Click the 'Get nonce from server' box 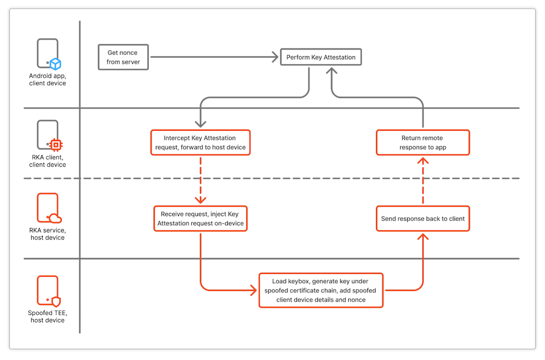[123, 57]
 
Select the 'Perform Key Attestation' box [320, 57]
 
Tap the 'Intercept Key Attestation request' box [200, 143]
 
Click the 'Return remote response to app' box [422, 143]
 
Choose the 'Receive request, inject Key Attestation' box [201, 218]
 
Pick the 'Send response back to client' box [422, 218]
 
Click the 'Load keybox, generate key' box [320, 290]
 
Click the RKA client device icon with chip [49, 136]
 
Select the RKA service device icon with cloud [49, 209]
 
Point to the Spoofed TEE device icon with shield [49, 291]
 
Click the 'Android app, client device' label [47, 80]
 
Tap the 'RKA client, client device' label [47, 161]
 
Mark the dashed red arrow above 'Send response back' [422, 180]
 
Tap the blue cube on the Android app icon [55, 64]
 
